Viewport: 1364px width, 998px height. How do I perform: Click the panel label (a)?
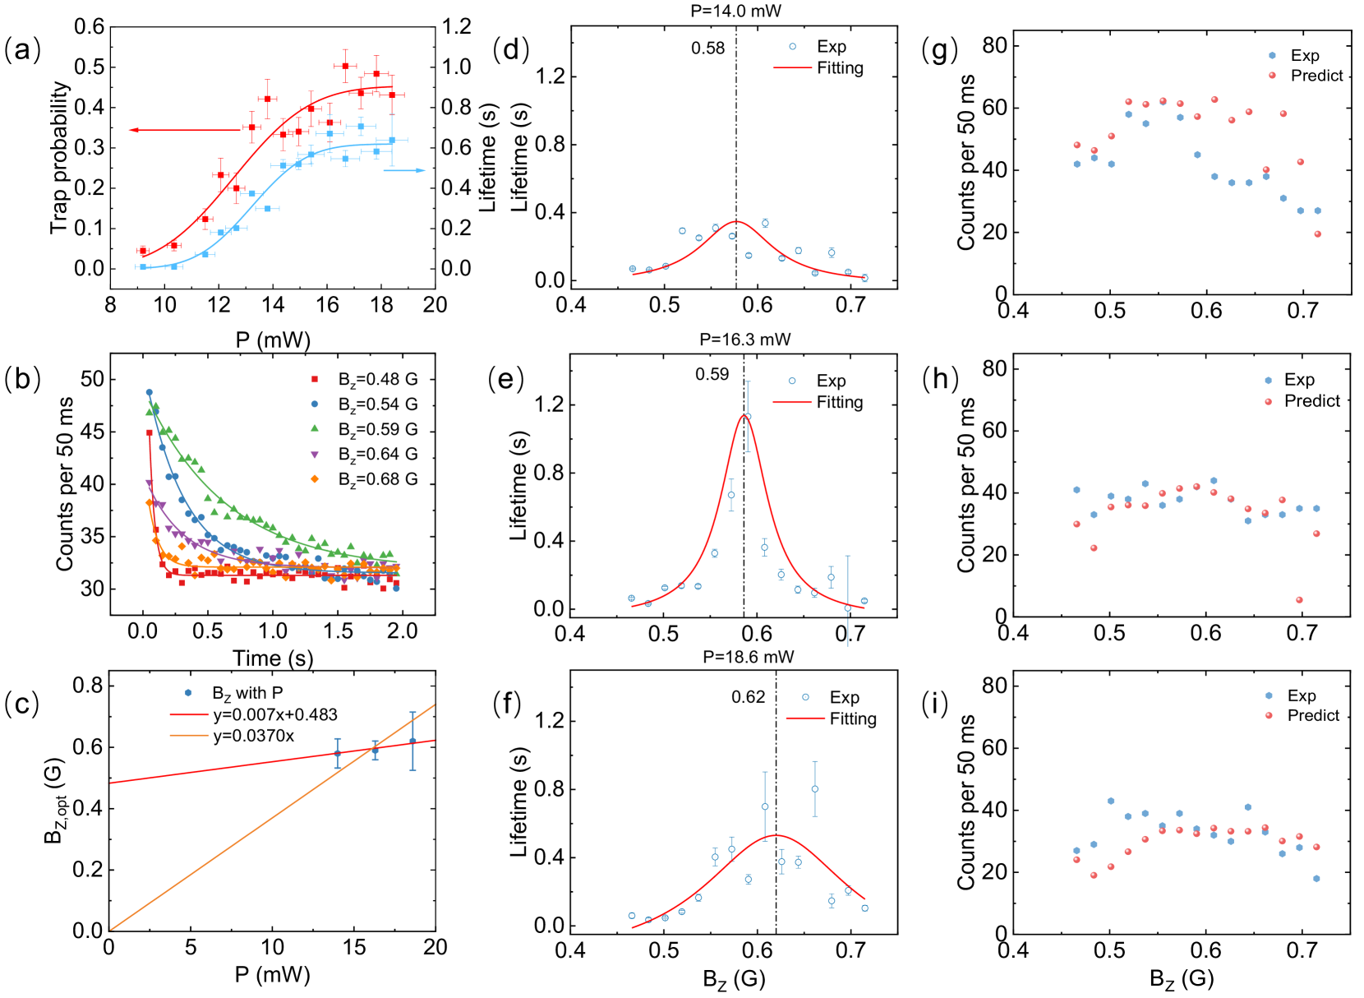click(x=22, y=50)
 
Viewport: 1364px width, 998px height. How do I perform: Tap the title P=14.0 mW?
click(x=735, y=11)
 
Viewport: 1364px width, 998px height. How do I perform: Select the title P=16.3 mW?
click(x=744, y=340)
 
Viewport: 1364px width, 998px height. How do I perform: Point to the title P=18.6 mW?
click(x=748, y=657)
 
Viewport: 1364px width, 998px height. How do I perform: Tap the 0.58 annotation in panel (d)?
click(x=707, y=49)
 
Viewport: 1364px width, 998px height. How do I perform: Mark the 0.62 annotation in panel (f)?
click(x=748, y=697)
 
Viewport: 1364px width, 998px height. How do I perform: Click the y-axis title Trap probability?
click(x=59, y=156)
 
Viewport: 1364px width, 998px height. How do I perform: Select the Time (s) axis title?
click(x=273, y=658)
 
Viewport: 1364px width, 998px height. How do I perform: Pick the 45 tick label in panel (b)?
click(x=93, y=432)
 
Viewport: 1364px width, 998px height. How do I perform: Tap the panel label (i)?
click(x=935, y=704)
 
